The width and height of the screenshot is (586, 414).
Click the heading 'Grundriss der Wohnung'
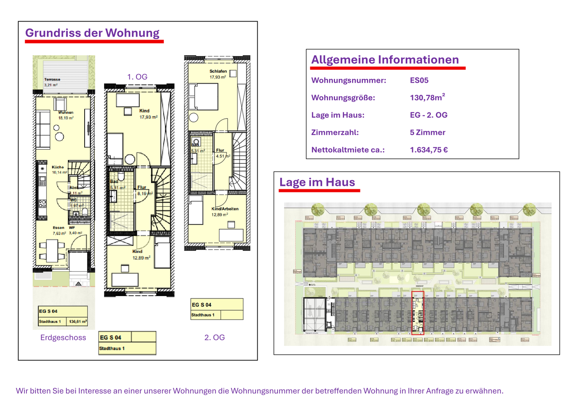pyautogui.click(x=92, y=33)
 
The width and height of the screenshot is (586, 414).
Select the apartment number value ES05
pyautogui.click(x=419, y=80)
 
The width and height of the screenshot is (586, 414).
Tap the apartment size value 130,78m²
pyautogui.click(x=427, y=98)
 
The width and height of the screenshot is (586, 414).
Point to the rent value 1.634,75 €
pyautogui.click(x=429, y=150)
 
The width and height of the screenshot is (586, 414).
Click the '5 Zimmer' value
pyautogui.click(x=427, y=132)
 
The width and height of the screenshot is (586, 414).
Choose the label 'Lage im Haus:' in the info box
pyautogui.click(x=337, y=115)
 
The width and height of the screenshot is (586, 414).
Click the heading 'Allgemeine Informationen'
pyautogui.click(x=385, y=60)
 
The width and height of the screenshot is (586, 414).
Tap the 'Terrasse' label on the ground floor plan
pyautogui.click(x=52, y=79)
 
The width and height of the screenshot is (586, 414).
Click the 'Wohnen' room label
pyautogui.click(x=66, y=113)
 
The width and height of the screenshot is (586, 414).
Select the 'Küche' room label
pyautogui.click(x=58, y=167)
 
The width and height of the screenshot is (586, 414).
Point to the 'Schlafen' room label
pyautogui.click(x=218, y=71)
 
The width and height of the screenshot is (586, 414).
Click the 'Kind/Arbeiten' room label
pyautogui.click(x=225, y=209)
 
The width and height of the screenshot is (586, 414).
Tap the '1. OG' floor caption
pyautogui.click(x=137, y=77)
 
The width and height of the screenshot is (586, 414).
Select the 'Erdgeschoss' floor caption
pyautogui.click(x=63, y=338)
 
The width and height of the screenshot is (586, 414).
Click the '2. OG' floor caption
pyautogui.click(x=214, y=338)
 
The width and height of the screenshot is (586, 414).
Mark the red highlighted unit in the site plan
pyautogui.click(x=418, y=313)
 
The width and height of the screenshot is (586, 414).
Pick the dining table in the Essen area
pyautogui.click(x=52, y=251)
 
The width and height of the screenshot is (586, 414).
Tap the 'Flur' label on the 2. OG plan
pyautogui.click(x=220, y=150)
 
